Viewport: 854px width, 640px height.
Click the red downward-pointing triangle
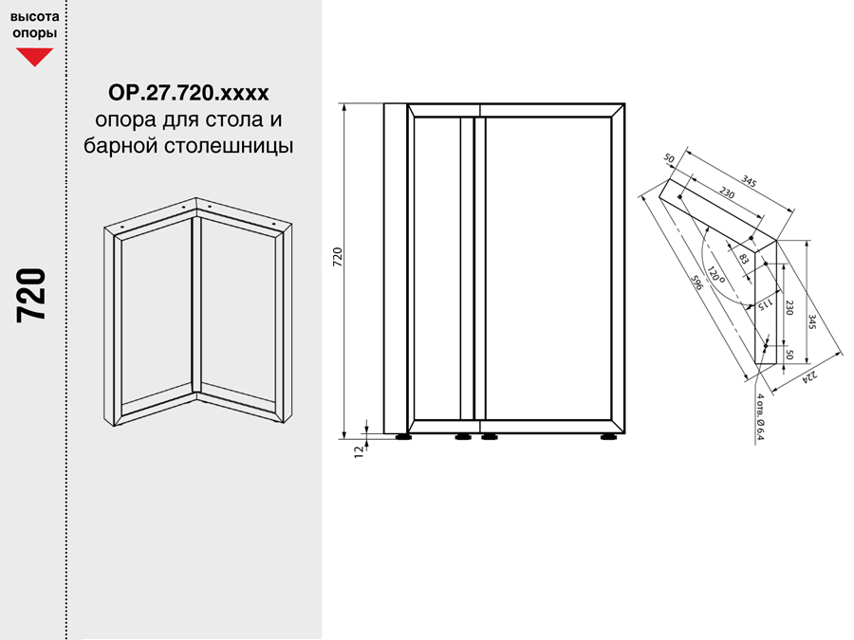point(34,57)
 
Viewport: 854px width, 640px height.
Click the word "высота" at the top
point(35,16)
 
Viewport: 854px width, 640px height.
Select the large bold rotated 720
point(31,296)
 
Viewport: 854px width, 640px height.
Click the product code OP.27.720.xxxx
point(189,93)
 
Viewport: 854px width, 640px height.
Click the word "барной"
point(121,145)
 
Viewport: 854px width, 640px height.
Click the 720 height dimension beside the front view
point(338,257)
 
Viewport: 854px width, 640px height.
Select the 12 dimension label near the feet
point(359,451)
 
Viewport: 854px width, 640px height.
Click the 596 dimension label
point(697,283)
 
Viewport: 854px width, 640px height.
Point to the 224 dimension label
point(810,376)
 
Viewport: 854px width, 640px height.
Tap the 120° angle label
point(716,275)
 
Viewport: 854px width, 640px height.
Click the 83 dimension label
point(743,259)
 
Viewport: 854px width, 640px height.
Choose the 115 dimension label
point(765,304)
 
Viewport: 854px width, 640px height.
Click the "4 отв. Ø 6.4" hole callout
point(760,416)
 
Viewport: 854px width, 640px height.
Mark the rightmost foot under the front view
point(608,436)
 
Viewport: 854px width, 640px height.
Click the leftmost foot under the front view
point(403,436)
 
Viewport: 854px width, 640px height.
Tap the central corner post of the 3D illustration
point(196,304)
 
